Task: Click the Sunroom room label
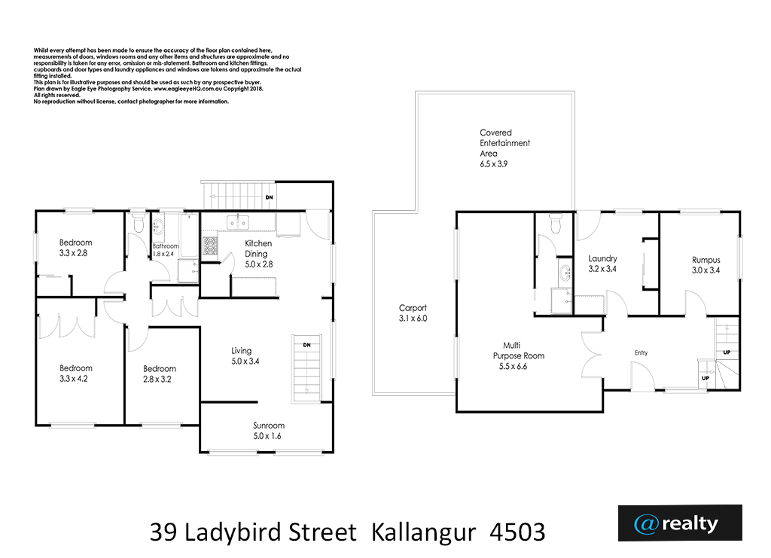pyautogui.click(x=269, y=425)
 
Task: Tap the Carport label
pyautogui.click(x=413, y=308)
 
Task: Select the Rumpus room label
pyautogui.click(x=706, y=260)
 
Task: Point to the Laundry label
pyautogui.click(x=602, y=258)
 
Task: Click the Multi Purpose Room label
pyautogui.click(x=518, y=350)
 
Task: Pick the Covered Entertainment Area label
pyautogui.click(x=504, y=143)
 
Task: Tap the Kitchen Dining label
pyautogui.click(x=258, y=249)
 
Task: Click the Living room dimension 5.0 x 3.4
pyautogui.click(x=245, y=361)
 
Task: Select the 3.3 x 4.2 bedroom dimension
pyautogui.click(x=74, y=379)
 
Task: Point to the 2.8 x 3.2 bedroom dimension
pyautogui.click(x=157, y=379)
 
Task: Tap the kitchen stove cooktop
pyautogui.click(x=210, y=245)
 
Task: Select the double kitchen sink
pyautogui.click(x=237, y=222)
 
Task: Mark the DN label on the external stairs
pyautogui.click(x=269, y=197)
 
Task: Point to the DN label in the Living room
pyautogui.click(x=307, y=345)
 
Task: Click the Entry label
pyautogui.click(x=641, y=353)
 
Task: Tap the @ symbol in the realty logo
pyautogui.click(x=646, y=524)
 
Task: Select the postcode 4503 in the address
pyautogui.click(x=518, y=532)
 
